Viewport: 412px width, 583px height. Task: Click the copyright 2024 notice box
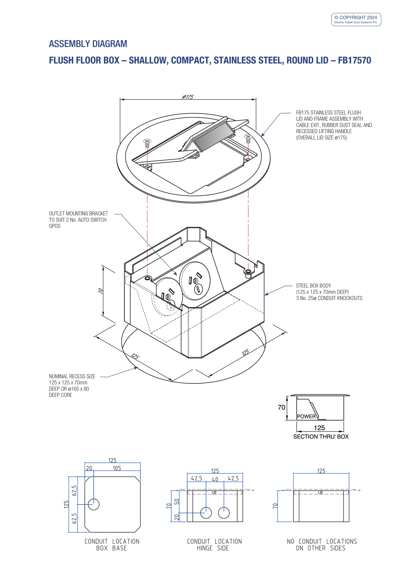coord(356,20)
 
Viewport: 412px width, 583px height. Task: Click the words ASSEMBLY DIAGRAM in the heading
coord(88,44)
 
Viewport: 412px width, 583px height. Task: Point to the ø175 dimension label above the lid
coord(188,97)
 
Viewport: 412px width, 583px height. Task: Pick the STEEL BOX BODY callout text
coord(329,292)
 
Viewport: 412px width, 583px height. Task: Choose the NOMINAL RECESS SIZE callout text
coord(72,386)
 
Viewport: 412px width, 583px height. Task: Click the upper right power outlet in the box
coord(195,281)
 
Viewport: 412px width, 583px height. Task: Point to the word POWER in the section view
coord(306,417)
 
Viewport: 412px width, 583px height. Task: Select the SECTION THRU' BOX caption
coord(321,437)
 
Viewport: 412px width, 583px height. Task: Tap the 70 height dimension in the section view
coord(281,407)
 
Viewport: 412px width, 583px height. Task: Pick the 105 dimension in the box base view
coord(117,468)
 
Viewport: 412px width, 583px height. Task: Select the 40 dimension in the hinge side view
coord(215,479)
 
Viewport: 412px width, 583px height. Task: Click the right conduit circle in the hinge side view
coord(224,513)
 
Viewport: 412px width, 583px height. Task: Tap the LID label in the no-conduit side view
coord(320,493)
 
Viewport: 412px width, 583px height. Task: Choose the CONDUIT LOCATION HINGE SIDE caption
coord(214,545)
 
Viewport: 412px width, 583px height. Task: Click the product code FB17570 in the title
coord(354,60)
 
